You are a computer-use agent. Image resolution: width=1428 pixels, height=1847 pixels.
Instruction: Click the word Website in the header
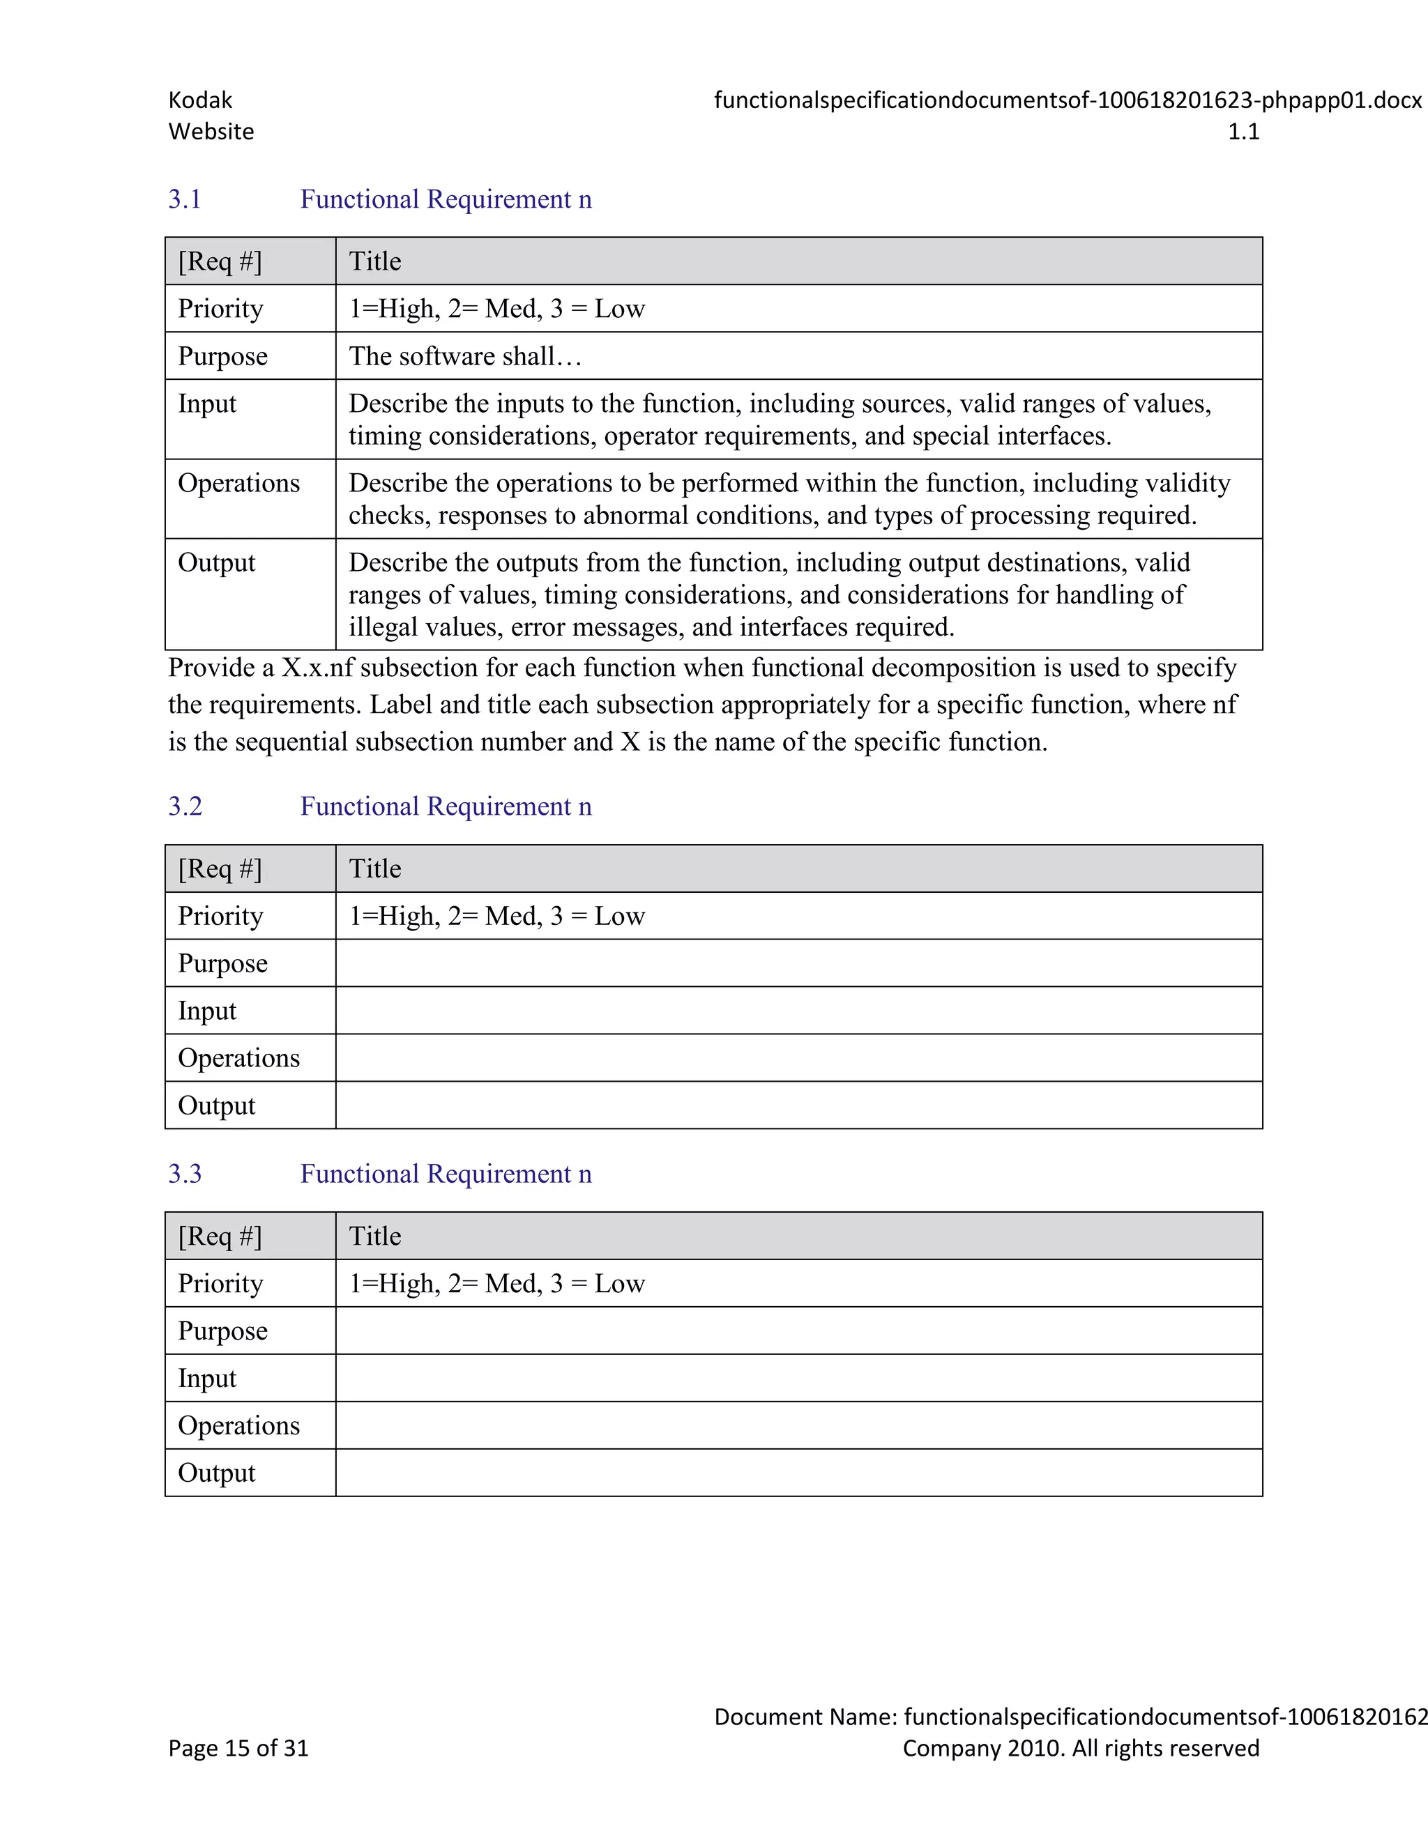click(211, 132)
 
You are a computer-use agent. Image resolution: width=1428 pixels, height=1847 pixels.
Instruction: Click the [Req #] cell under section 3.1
click(220, 261)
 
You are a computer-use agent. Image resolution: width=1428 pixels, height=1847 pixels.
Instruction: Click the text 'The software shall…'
click(464, 356)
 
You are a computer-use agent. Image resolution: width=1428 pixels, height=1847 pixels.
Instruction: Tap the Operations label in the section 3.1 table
click(238, 483)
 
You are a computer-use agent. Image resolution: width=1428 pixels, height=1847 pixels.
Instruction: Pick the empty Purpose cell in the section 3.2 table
click(798, 963)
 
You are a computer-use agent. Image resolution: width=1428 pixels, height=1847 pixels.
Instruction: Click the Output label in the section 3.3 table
click(217, 1473)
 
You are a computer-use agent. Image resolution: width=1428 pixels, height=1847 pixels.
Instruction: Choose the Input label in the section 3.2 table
click(207, 1011)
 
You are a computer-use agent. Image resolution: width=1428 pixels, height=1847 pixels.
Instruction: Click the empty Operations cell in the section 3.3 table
click(798, 1426)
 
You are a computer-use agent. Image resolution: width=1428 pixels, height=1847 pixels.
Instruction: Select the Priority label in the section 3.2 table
click(220, 916)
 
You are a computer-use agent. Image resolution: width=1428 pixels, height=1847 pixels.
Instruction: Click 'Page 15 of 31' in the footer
click(238, 1748)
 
